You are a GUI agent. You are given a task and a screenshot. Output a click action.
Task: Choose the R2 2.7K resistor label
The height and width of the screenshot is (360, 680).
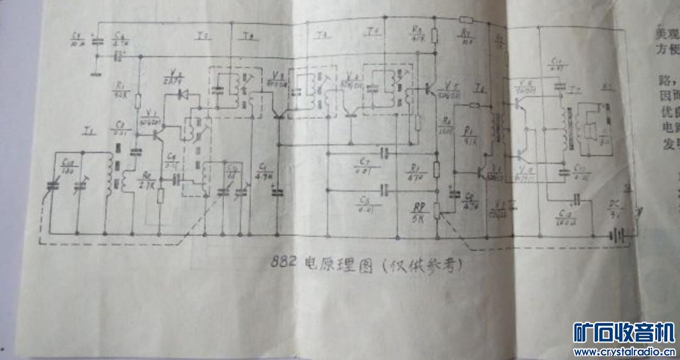pyautogui.click(x=146, y=181)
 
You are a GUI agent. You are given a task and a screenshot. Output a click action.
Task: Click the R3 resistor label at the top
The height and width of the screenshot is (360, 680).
pyautogui.click(x=416, y=33)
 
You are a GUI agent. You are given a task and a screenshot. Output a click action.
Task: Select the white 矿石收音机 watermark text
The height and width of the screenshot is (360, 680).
pyautogui.click(x=624, y=332)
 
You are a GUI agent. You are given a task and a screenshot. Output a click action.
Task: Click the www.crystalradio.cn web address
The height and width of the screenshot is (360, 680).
pyautogui.click(x=624, y=351)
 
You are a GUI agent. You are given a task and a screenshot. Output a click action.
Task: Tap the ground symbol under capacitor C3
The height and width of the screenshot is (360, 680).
pyautogui.click(x=97, y=72)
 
